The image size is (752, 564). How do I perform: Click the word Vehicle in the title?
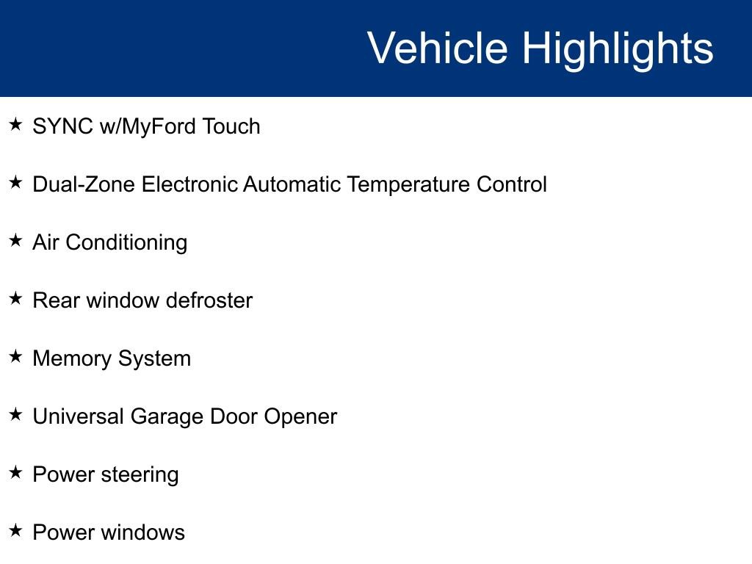[x=437, y=48]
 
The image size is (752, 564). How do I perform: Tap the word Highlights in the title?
[x=618, y=48]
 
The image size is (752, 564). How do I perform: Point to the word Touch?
[x=231, y=126]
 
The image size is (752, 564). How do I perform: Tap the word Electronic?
[x=189, y=184]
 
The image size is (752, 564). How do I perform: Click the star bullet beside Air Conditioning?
[x=15, y=240]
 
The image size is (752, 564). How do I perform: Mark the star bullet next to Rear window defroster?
[x=15, y=298]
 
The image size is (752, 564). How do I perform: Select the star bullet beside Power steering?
[x=15, y=472]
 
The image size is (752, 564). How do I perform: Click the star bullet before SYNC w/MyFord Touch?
[x=15, y=124]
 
